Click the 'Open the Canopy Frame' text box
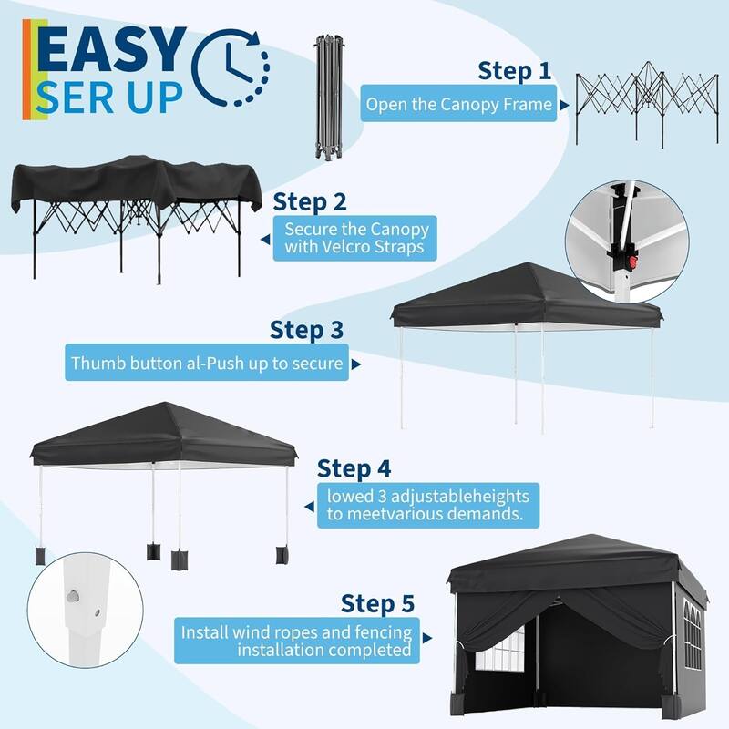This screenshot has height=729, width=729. (458, 105)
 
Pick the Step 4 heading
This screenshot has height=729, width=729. (354, 469)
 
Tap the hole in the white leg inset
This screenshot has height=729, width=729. (72, 594)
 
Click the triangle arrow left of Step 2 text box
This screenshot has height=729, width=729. (265, 238)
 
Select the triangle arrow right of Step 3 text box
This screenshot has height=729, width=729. (355, 364)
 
